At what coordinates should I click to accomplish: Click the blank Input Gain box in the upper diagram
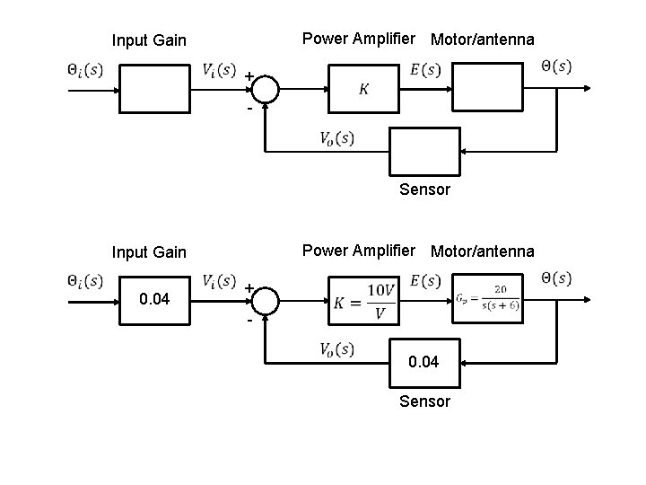click(154, 88)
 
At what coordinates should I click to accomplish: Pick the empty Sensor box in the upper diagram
click(423, 150)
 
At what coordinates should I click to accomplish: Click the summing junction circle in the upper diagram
click(266, 88)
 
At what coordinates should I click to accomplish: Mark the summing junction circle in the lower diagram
click(266, 299)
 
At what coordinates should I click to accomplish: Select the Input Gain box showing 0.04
click(154, 299)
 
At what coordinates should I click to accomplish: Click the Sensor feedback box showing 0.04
click(423, 361)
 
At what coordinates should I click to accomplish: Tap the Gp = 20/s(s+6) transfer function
click(486, 300)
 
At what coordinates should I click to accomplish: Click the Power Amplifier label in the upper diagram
click(359, 39)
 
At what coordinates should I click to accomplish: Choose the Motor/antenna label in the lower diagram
click(482, 251)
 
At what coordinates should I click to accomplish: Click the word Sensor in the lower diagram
click(424, 401)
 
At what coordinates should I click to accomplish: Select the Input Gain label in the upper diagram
click(149, 40)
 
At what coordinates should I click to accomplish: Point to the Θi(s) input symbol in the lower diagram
click(85, 280)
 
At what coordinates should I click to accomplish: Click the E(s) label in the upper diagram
click(424, 69)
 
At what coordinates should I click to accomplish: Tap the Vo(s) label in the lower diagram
click(336, 348)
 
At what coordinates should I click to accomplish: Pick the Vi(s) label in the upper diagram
click(219, 69)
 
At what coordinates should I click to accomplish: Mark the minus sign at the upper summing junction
click(249, 109)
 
